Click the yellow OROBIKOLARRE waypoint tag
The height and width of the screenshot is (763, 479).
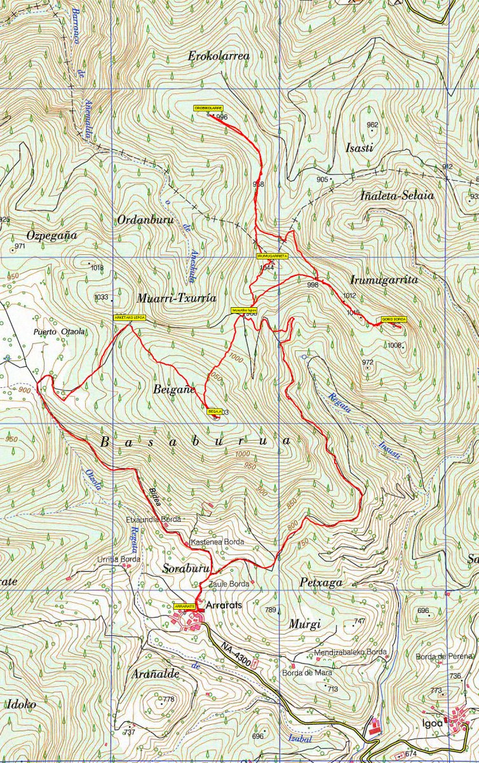pos(208,108)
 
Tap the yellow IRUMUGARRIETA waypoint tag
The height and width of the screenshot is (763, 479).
pos(273,256)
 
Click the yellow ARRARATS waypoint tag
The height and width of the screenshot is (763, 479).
pos(184,607)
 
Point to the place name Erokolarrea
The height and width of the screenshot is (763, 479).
pos(219,56)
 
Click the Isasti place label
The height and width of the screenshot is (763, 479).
pos(359,148)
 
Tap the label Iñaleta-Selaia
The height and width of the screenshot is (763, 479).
pos(397,196)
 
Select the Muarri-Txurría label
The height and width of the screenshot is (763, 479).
pos(177,298)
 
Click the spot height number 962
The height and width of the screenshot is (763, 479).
pos(372,125)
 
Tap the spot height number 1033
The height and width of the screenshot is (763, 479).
pos(101,297)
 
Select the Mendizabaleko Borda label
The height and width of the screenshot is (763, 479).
pos(351,652)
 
